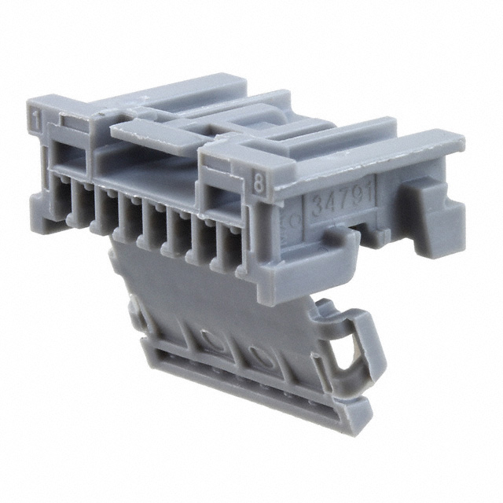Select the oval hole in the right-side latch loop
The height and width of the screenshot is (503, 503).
point(345,357)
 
